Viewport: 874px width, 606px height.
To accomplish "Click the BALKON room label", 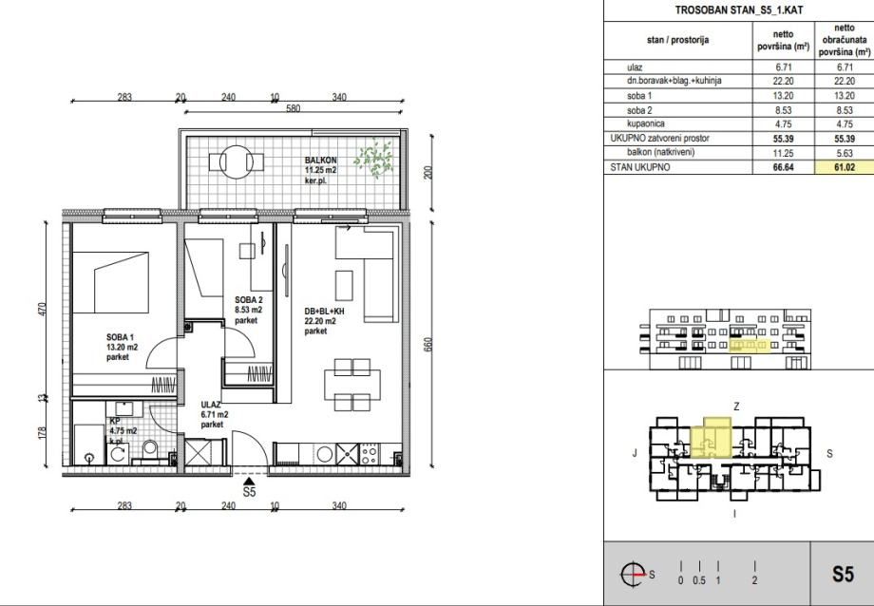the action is click(x=320, y=160).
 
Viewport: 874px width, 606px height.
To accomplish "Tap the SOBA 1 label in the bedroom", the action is click(x=120, y=337).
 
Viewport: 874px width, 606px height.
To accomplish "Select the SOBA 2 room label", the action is click(x=249, y=300).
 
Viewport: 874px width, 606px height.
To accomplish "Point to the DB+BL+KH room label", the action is click(x=324, y=312).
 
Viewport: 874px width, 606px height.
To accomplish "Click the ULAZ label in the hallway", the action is click(x=211, y=405).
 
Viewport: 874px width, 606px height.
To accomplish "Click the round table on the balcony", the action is click(x=237, y=161).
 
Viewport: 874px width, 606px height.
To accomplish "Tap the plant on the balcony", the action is click(x=374, y=159).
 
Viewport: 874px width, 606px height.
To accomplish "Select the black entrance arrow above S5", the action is click(x=249, y=482).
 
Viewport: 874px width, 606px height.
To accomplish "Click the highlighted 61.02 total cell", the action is click(x=845, y=167).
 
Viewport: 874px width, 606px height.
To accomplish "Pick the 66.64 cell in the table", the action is click(x=783, y=167).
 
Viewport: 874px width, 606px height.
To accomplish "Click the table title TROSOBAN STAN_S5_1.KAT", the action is click(x=731, y=10).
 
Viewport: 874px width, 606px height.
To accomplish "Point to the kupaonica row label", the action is click(x=645, y=123).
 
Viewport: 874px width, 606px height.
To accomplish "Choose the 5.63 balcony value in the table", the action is click(x=845, y=153).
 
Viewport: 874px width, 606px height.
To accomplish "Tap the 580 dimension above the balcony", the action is click(x=293, y=108).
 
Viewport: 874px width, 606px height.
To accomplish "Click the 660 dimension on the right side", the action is click(x=428, y=344).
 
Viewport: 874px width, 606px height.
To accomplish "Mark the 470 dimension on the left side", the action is click(x=42, y=310).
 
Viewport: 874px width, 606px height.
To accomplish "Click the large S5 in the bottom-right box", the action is click(x=843, y=574).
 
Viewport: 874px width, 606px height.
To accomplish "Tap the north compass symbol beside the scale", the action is click(x=634, y=574).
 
